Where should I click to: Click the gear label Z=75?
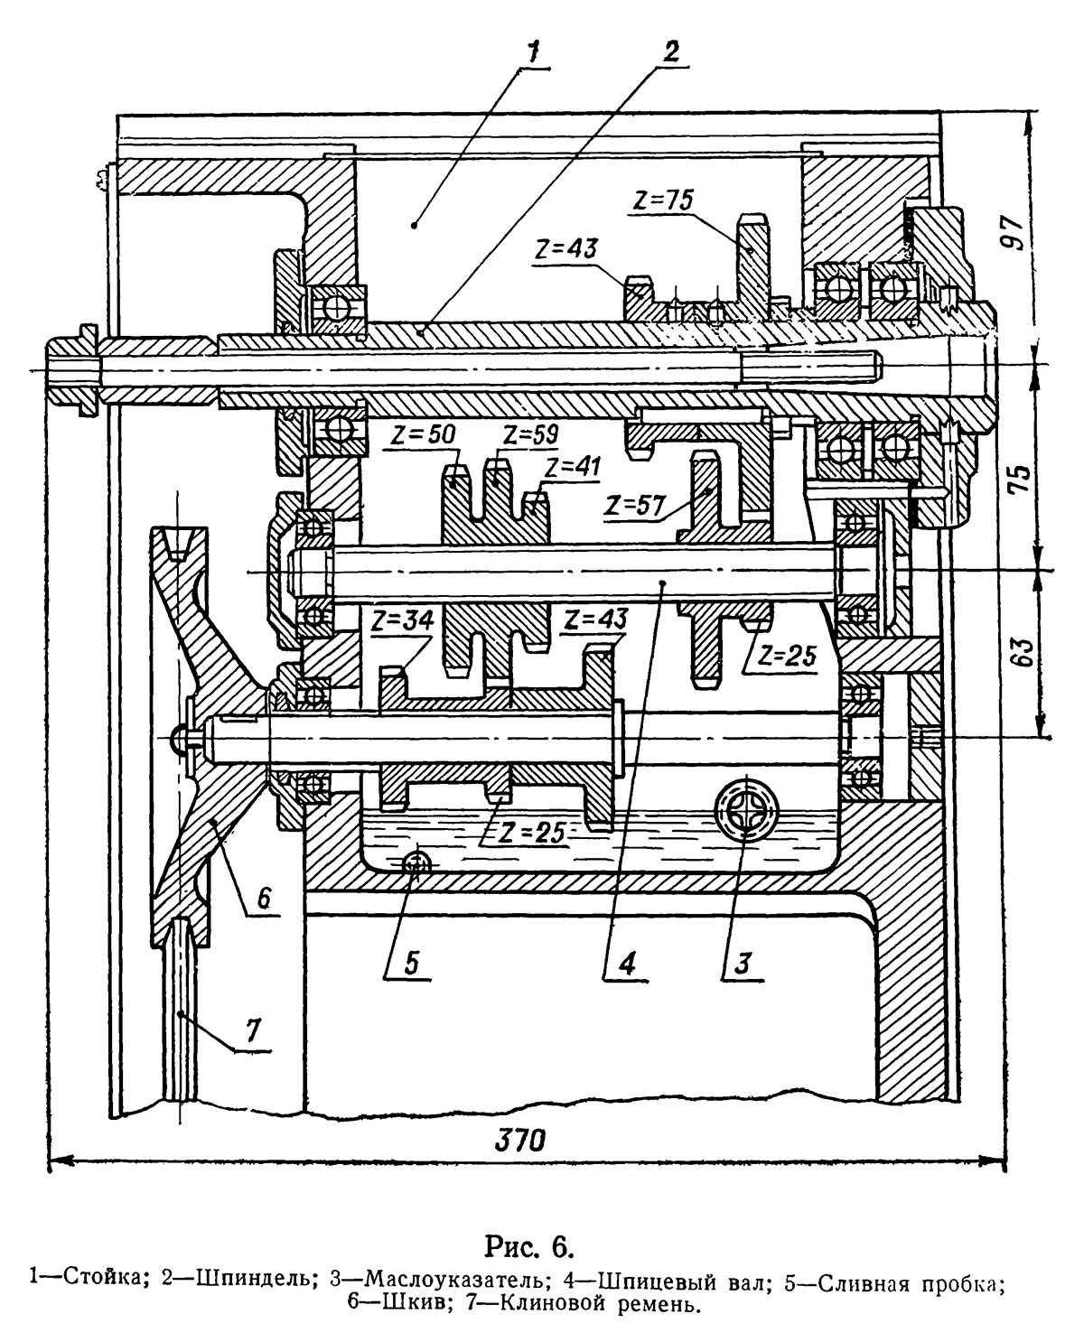coord(662,200)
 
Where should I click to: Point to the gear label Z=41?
coord(574,467)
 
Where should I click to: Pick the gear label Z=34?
coord(404,620)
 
